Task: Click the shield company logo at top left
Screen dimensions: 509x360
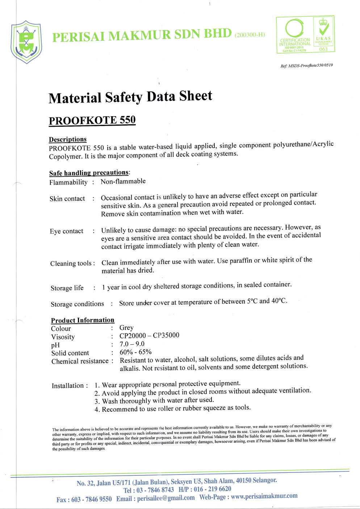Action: click(26, 42)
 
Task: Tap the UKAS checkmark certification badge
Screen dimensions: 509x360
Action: click(323, 34)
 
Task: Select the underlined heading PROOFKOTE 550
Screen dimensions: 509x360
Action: click(92, 120)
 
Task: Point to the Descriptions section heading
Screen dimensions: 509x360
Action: click(68, 139)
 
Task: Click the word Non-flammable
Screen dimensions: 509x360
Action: click(123, 181)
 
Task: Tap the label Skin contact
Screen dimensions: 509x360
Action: click(67, 199)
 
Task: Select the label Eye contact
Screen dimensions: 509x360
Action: click(67, 231)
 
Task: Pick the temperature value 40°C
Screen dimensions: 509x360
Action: click(279, 300)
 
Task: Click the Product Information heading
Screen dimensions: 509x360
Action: click(83, 320)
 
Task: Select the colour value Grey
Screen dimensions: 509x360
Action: click(126, 328)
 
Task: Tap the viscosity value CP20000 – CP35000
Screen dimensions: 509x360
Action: click(149, 336)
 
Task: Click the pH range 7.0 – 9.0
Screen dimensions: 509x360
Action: click(132, 344)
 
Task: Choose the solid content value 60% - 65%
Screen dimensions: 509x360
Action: click(135, 352)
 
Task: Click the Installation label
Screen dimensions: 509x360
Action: click(68, 386)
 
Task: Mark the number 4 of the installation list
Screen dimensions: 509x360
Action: click(97, 409)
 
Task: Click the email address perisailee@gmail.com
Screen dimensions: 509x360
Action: click(166, 498)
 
